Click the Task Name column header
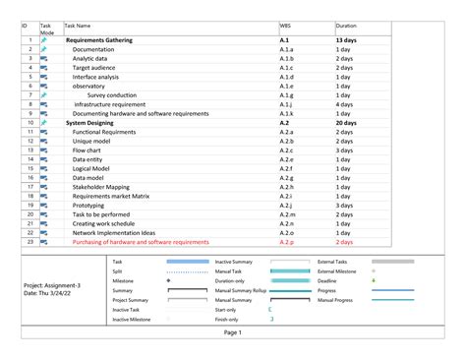point(78,26)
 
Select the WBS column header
point(285,26)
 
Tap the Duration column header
point(346,26)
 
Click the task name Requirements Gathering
point(107,40)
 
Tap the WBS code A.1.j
point(286,103)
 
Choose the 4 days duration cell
point(344,103)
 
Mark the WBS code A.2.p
point(287,241)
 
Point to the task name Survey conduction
point(112,94)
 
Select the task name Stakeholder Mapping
point(100,186)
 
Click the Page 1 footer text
point(233,332)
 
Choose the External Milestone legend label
point(337,270)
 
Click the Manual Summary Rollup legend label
point(242,290)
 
